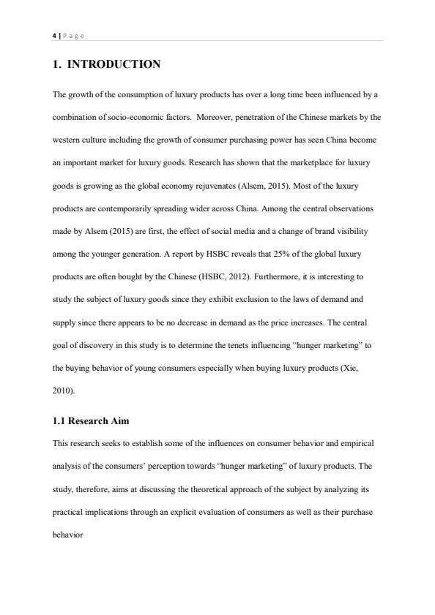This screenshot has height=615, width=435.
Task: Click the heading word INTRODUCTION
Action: tap(114, 64)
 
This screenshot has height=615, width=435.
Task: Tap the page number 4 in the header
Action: tap(54, 34)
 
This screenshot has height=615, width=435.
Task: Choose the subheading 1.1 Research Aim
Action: tap(91, 421)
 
